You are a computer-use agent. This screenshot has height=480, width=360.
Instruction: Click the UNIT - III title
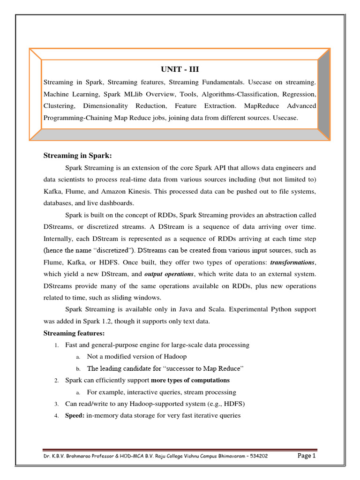[180, 69]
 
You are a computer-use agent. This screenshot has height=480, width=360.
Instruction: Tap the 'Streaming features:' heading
[74, 333]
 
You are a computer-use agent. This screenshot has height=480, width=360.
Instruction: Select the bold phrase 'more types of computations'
[190, 380]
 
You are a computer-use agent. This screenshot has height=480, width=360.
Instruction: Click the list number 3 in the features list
[56, 404]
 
